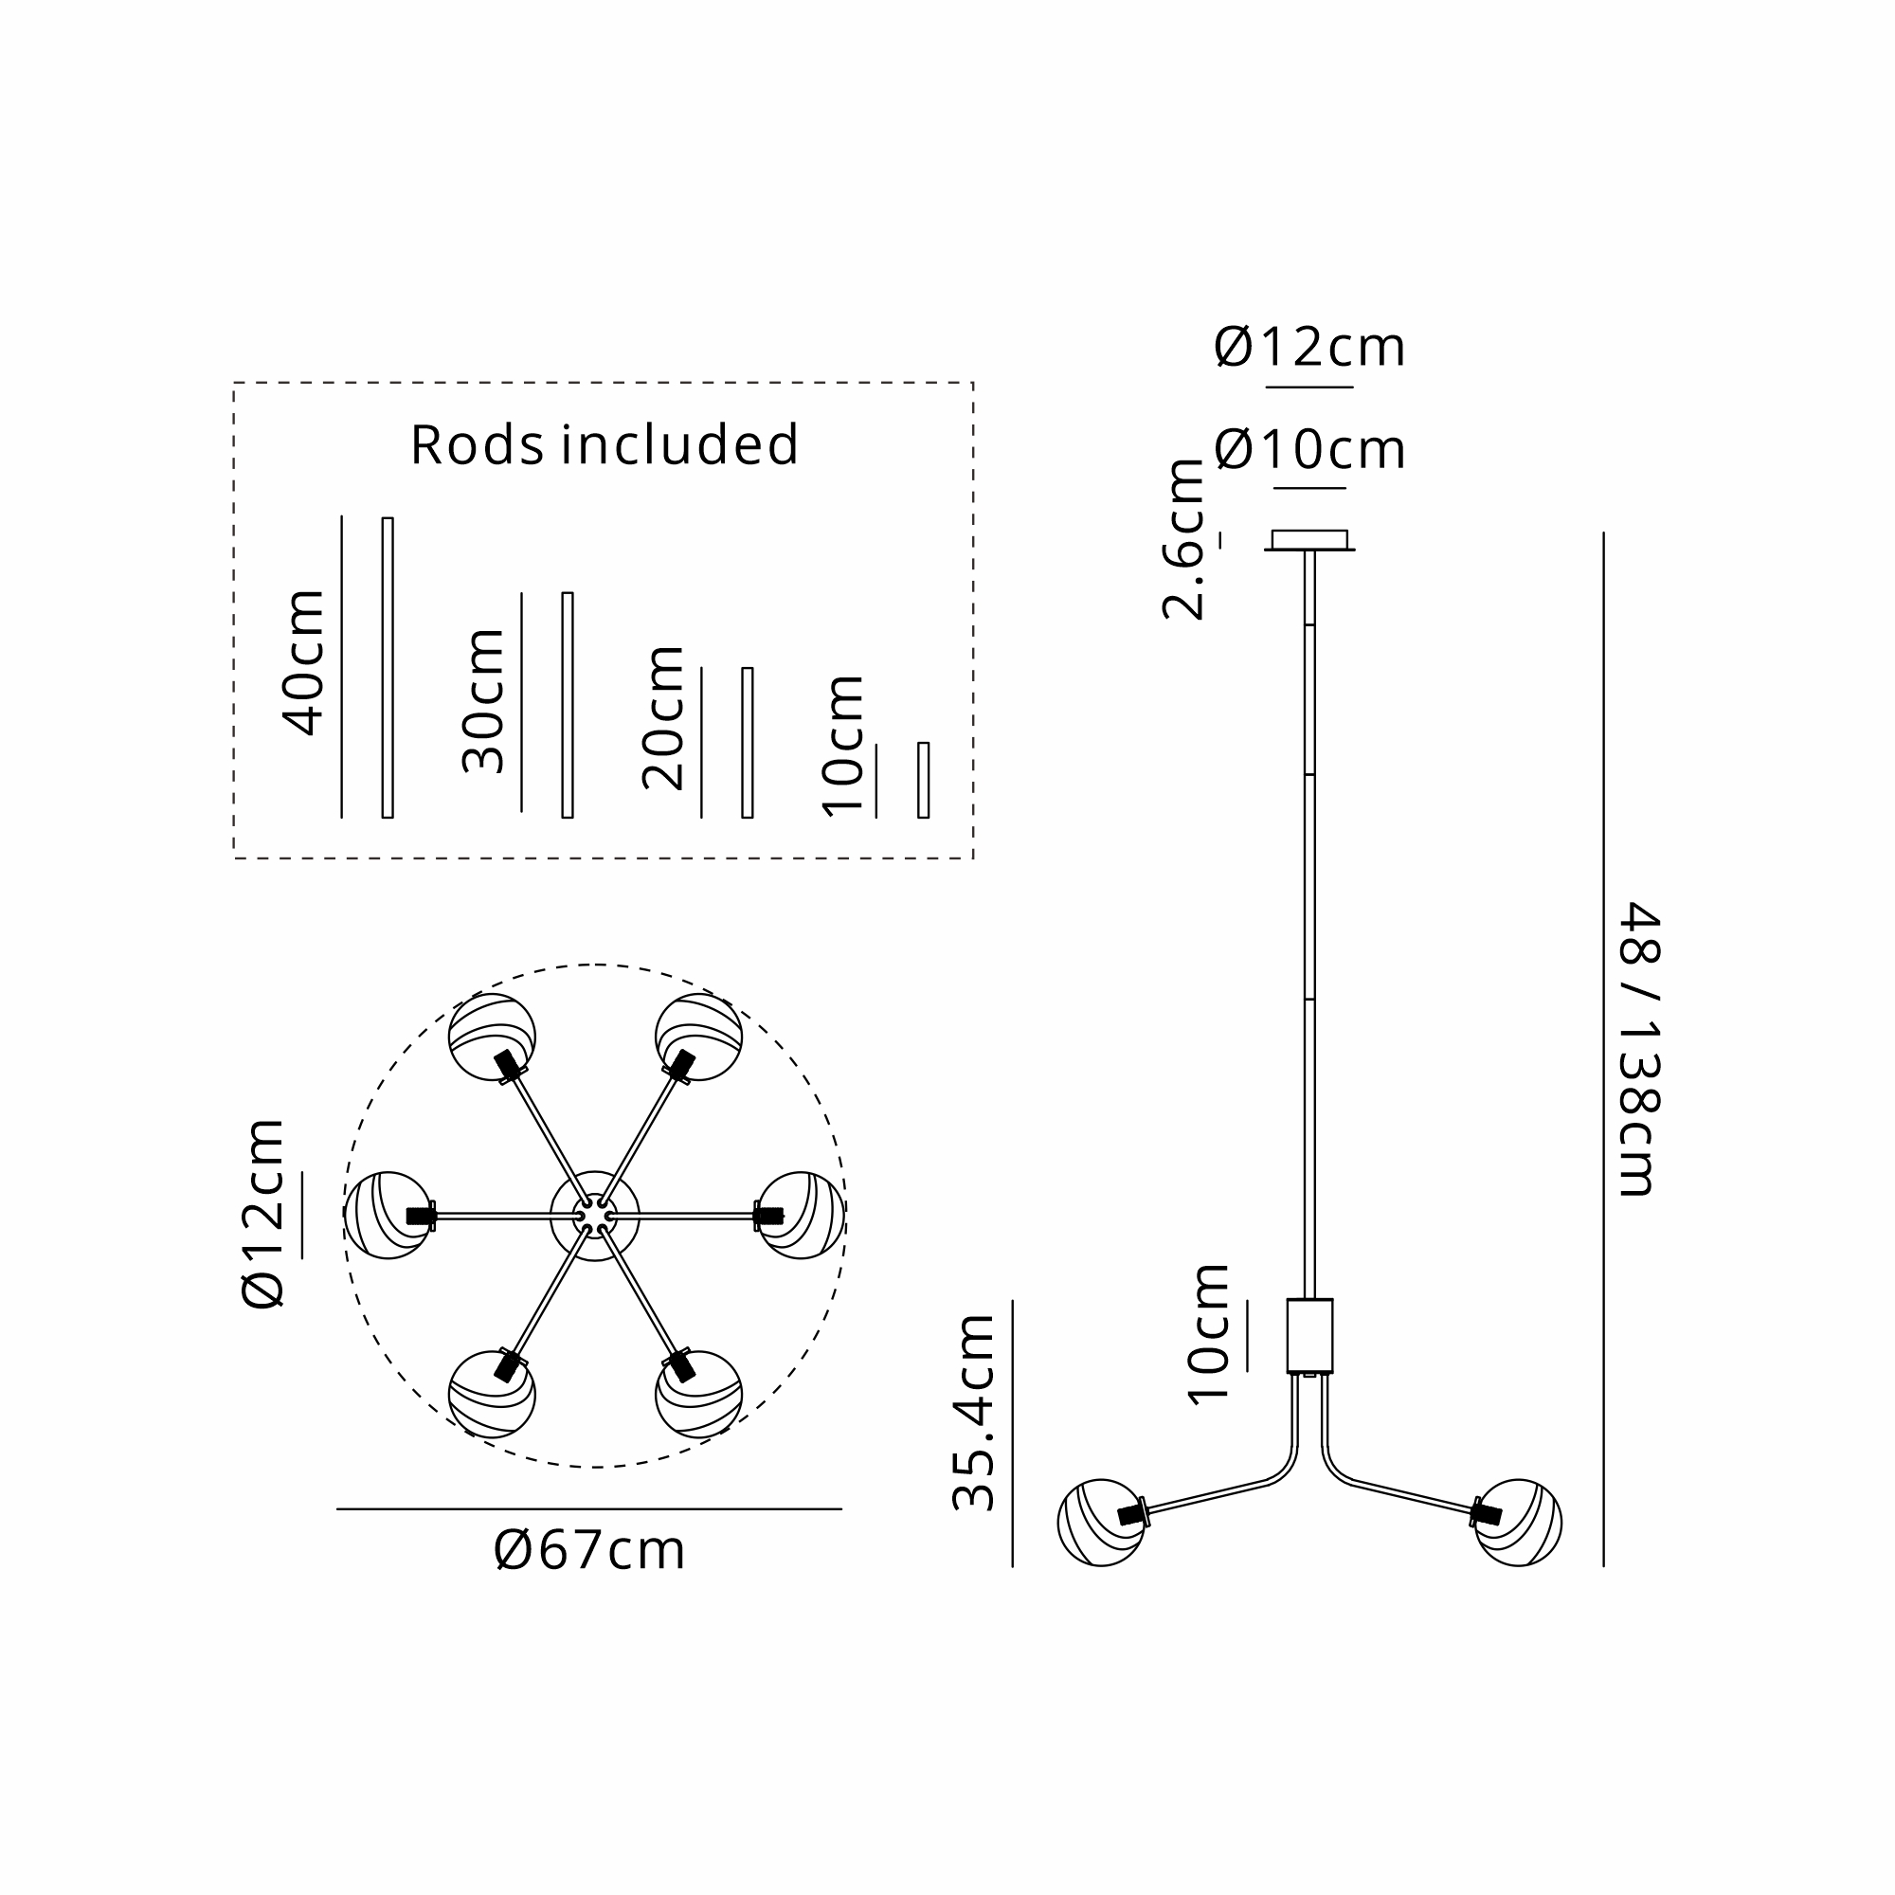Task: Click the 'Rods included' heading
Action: [x=605, y=444]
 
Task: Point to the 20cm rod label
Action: [x=663, y=718]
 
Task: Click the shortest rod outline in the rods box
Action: [x=923, y=780]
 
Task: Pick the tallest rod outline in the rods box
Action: [x=388, y=667]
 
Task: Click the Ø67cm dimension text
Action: [x=589, y=1551]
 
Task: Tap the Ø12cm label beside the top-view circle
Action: [x=262, y=1214]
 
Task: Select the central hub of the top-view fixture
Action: [x=594, y=1217]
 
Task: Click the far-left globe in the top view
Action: [x=388, y=1216]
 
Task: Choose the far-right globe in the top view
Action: [x=802, y=1216]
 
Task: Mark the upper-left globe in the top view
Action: [x=493, y=1037]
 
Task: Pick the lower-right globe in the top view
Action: [x=698, y=1394]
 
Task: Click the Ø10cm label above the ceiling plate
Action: [x=1309, y=450]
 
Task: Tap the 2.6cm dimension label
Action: [x=1182, y=539]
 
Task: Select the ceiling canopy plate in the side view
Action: [x=1309, y=540]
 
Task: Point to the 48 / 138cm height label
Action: [x=1637, y=1049]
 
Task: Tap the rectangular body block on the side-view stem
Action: [x=1309, y=1335]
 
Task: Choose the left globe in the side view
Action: [x=1100, y=1523]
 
